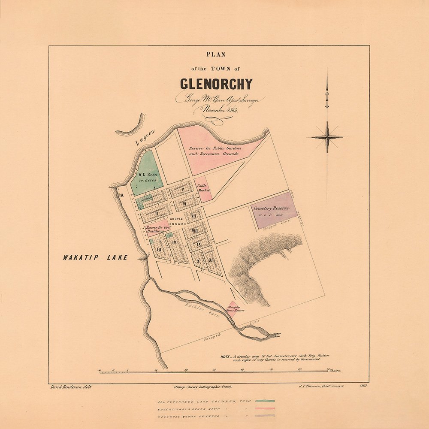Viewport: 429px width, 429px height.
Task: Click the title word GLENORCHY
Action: [x=216, y=83]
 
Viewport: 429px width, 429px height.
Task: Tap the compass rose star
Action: [x=327, y=137]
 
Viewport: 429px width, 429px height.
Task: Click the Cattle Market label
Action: [x=203, y=187]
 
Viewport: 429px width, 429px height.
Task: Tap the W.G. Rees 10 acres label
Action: [x=147, y=178]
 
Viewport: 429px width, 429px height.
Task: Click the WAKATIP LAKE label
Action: [x=95, y=258]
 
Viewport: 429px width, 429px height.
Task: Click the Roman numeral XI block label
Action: [x=210, y=260]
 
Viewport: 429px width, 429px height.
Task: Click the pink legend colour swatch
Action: [x=264, y=408]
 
